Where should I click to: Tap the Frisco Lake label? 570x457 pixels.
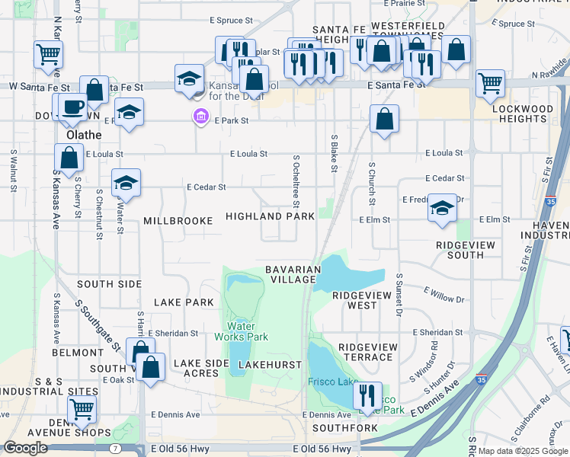(332, 382)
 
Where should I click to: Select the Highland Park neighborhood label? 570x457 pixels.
(270, 217)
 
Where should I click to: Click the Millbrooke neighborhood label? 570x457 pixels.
(178, 221)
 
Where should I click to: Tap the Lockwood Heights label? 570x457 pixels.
(523, 114)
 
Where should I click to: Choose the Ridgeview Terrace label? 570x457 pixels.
(367, 352)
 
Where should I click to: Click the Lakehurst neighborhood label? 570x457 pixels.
(270, 365)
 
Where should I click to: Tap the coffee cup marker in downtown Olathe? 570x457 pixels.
(73, 107)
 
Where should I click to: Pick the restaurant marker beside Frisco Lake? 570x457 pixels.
(368, 395)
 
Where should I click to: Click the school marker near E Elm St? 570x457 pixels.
(442, 208)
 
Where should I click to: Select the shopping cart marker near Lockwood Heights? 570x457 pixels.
(490, 82)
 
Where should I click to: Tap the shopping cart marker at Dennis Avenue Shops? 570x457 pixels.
(82, 409)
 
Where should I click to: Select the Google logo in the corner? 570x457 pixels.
(25, 448)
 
